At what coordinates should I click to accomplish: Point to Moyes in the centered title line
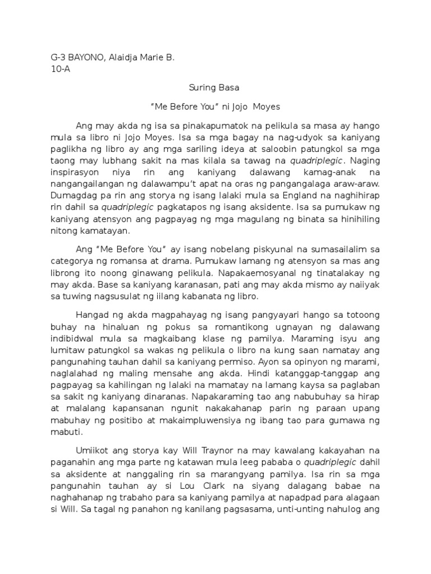(x=265, y=106)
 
